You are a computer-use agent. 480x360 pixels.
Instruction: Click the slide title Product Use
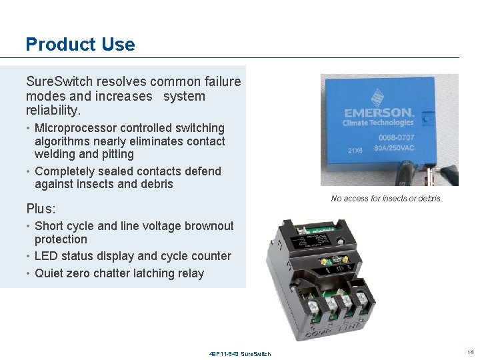80,45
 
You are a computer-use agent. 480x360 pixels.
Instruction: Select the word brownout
207,226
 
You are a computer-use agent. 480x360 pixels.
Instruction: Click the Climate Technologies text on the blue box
378,123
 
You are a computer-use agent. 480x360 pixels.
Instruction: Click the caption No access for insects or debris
386,199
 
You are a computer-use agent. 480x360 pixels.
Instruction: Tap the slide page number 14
471,351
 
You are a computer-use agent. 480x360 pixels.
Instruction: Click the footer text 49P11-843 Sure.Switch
239,353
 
